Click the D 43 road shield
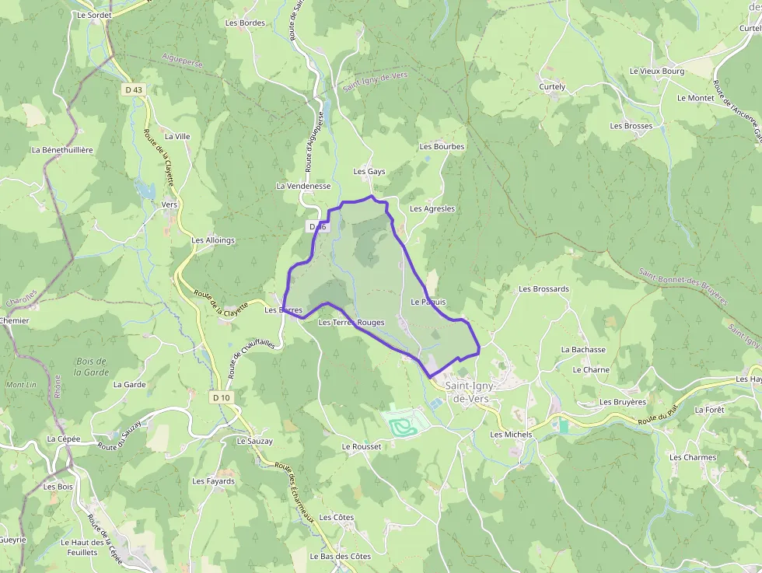point(134,90)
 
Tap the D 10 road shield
point(221,397)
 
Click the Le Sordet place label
point(95,15)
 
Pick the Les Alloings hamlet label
point(213,240)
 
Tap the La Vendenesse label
point(303,187)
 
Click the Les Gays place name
point(369,172)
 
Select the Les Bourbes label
point(442,146)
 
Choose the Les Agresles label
point(432,209)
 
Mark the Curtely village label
point(552,87)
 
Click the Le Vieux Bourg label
point(657,72)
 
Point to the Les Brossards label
point(544,289)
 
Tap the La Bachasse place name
point(583,350)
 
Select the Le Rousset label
point(362,447)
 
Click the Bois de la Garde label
point(91,366)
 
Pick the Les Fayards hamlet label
point(214,481)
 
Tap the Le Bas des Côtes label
point(340,557)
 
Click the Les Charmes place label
point(693,457)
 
